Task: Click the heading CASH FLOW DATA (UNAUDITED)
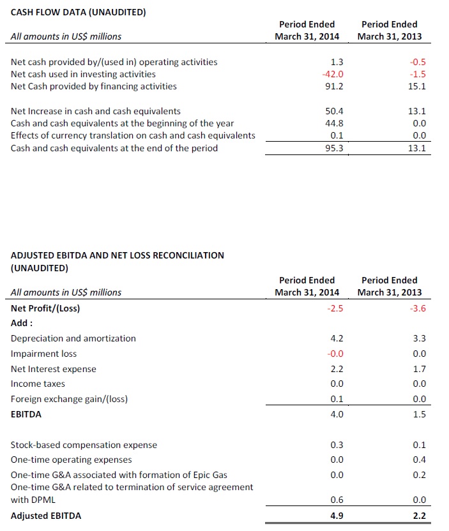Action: (x=79, y=12)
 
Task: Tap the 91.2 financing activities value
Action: (x=334, y=86)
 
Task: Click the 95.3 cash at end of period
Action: (x=334, y=148)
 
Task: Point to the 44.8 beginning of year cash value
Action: (x=334, y=123)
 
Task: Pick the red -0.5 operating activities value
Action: (x=418, y=62)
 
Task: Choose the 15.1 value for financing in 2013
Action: (x=417, y=86)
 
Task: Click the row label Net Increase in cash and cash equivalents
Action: (x=96, y=111)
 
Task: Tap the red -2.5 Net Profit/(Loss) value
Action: (x=335, y=308)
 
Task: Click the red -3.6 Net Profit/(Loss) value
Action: (x=418, y=308)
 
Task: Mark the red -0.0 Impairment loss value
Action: (x=335, y=354)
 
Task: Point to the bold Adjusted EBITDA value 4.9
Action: (x=337, y=516)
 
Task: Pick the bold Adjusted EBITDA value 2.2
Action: (x=419, y=516)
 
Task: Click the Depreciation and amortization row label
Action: (x=73, y=338)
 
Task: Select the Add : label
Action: (x=22, y=323)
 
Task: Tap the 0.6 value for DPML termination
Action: (x=337, y=500)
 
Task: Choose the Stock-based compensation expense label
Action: (x=84, y=445)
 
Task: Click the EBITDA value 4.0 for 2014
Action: (x=337, y=414)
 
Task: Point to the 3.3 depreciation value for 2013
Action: (x=419, y=338)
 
